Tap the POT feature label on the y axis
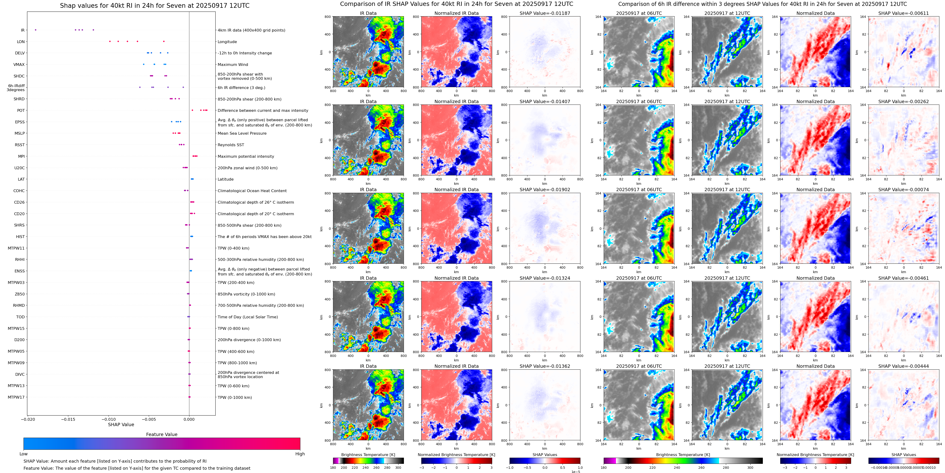point(21,110)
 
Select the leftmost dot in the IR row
point(36,30)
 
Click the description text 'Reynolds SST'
point(231,145)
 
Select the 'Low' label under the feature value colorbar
point(24,454)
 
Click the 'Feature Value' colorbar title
point(161,434)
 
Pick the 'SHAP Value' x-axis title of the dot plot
point(121,424)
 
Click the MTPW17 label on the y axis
point(16,397)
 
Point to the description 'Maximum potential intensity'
point(246,156)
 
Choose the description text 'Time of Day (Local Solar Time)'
point(248,317)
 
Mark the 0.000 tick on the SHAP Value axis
point(189,419)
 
